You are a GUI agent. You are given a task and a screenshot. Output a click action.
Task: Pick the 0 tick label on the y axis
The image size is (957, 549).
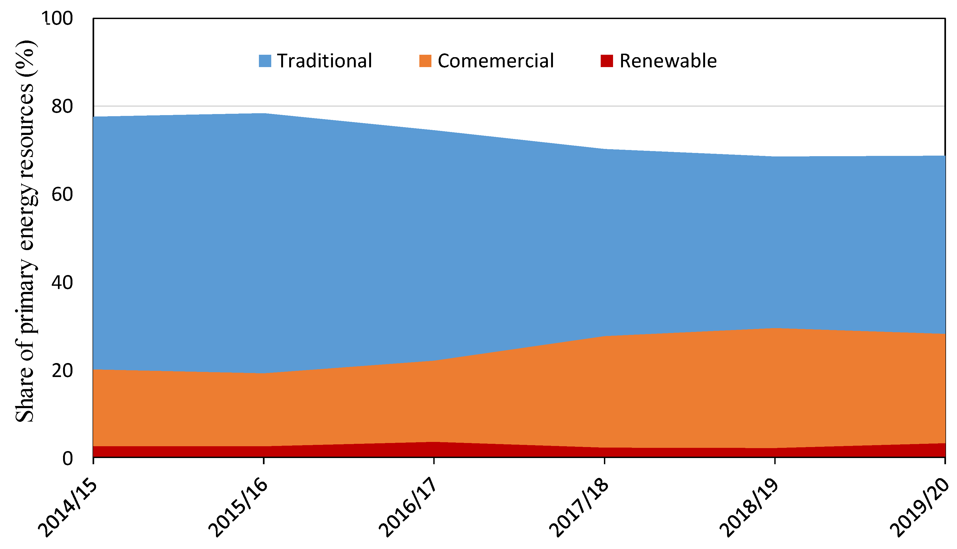pos(67,459)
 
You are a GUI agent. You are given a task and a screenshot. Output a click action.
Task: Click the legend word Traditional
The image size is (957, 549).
pos(325,61)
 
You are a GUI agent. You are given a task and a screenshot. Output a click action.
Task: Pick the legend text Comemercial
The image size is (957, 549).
pos(496,61)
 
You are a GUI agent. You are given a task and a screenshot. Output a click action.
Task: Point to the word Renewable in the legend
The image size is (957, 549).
pos(668,61)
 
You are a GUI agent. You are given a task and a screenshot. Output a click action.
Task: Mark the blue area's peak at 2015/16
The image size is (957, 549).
pos(264,114)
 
